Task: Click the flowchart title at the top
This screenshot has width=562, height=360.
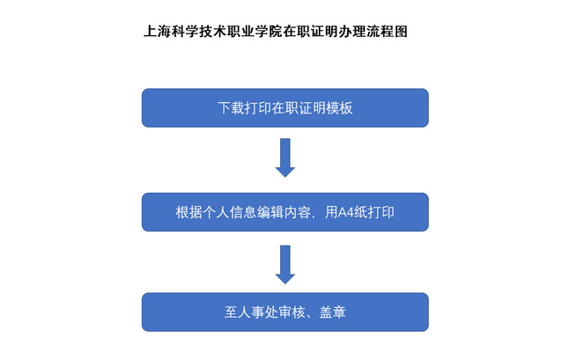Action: (276, 32)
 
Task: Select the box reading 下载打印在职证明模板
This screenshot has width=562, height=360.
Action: (285, 107)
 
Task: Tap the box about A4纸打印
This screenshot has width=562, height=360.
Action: (285, 212)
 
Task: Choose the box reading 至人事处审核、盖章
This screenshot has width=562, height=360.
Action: (285, 312)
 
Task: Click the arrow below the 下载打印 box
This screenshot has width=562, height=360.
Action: (285, 158)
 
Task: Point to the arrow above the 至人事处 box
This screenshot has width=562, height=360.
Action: (285, 264)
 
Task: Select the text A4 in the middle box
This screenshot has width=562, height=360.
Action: (346, 212)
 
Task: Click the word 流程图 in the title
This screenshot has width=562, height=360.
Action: (388, 32)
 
